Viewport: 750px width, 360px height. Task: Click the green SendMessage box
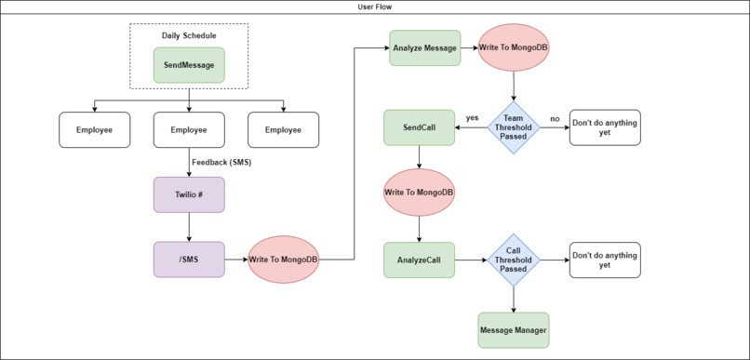pyautogui.click(x=189, y=65)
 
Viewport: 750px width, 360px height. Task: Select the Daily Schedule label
pyautogui.click(x=189, y=35)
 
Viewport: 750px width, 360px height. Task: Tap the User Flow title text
pyautogui.click(x=374, y=7)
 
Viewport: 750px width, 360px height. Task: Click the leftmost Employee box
pyautogui.click(x=94, y=130)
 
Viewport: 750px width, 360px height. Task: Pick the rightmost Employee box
pyautogui.click(x=283, y=130)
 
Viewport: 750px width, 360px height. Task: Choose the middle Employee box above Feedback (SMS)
pyautogui.click(x=189, y=130)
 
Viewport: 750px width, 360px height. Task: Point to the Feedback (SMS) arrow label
pyautogui.click(x=221, y=162)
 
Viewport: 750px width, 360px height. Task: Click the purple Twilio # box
pyautogui.click(x=189, y=195)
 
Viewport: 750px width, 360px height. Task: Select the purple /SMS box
pyautogui.click(x=189, y=260)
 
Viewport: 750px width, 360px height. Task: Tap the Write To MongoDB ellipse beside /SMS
pyautogui.click(x=284, y=260)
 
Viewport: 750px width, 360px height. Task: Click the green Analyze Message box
pyautogui.click(x=424, y=48)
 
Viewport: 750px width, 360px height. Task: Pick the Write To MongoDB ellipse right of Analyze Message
pyautogui.click(x=514, y=48)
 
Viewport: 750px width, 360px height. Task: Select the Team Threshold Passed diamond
pyautogui.click(x=514, y=127)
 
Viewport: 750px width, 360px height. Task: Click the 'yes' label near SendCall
pyautogui.click(x=472, y=118)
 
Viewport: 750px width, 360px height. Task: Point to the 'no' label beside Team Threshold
pyautogui.click(x=555, y=118)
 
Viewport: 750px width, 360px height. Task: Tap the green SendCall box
pyautogui.click(x=419, y=127)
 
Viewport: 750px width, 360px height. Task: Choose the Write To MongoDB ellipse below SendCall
pyautogui.click(x=419, y=193)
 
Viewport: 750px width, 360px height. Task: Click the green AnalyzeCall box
pyautogui.click(x=419, y=260)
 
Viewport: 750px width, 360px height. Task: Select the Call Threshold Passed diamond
pyautogui.click(x=514, y=260)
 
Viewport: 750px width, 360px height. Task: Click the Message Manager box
pyautogui.click(x=514, y=329)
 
